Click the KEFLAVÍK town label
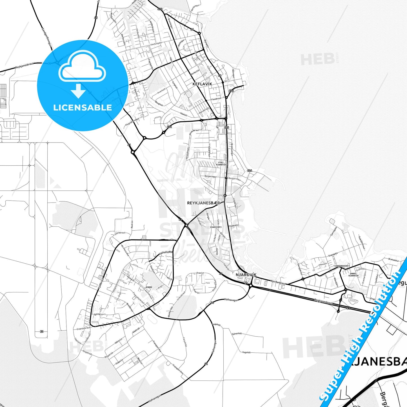(x=202, y=84)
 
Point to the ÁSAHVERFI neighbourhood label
(x=216, y=227)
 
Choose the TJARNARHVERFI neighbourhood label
(x=341, y=266)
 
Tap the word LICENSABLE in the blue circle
(x=83, y=107)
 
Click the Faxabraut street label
(x=216, y=99)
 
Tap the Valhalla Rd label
(x=166, y=253)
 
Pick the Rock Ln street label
(x=132, y=224)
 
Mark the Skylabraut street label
(x=120, y=233)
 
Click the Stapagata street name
(x=333, y=255)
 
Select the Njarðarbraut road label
(x=278, y=282)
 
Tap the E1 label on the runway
(x=42, y=332)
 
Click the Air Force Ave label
(x=125, y=250)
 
